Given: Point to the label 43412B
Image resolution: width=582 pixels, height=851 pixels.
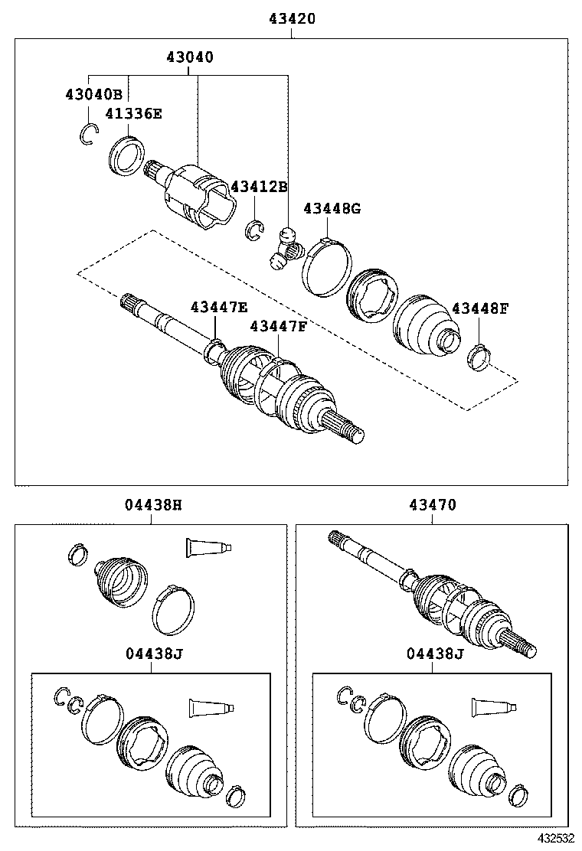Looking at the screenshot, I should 259,187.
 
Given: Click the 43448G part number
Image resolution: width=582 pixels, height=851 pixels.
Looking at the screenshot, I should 332,208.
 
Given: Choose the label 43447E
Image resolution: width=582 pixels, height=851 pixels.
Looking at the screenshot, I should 218,307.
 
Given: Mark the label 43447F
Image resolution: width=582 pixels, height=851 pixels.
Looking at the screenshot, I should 278,327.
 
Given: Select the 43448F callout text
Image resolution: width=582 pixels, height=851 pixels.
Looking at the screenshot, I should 480,308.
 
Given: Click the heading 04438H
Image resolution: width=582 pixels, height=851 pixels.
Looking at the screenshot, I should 153,505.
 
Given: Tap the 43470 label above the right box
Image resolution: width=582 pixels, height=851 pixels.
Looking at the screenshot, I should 432,505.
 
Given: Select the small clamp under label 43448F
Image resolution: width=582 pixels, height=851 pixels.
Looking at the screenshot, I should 479,356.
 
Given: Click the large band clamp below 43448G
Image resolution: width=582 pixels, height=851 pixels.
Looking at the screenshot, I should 327,264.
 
